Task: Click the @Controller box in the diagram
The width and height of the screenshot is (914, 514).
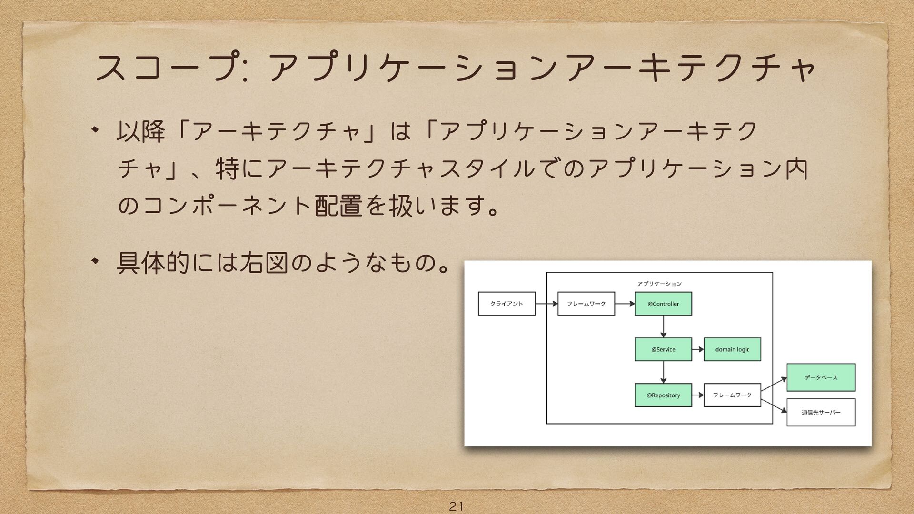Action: pos(663,304)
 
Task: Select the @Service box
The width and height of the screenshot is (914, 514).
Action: pos(663,349)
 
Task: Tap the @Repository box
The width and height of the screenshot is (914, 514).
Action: pos(663,395)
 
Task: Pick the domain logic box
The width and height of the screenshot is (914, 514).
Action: pos(732,349)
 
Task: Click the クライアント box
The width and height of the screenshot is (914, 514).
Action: pos(507,304)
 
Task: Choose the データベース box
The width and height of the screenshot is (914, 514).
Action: pos(821,377)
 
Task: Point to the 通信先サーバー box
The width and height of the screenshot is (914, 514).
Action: pos(821,412)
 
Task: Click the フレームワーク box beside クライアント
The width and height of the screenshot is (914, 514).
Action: pos(586,304)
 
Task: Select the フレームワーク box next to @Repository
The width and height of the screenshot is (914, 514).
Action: pos(732,395)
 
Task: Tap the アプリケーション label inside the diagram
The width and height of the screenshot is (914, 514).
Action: pos(659,284)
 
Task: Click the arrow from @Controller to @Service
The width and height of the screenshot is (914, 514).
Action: pos(663,326)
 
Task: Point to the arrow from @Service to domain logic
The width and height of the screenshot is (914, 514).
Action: pos(698,349)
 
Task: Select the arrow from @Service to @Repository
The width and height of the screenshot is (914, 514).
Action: pos(663,372)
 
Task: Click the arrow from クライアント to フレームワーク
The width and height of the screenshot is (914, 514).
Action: pos(546,304)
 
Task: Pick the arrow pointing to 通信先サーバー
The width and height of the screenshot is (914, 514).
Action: pos(774,406)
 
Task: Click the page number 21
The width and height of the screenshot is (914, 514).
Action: pos(456,506)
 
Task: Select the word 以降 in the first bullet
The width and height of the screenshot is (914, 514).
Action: pos(141,131)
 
